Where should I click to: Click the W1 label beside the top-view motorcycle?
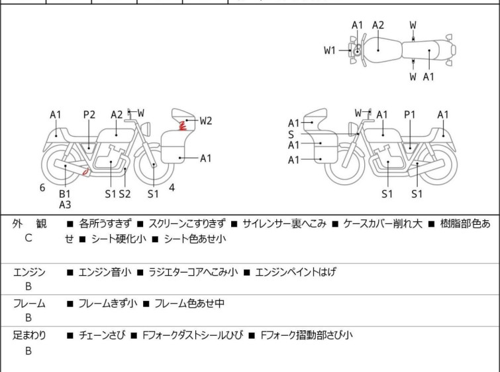[330, 50]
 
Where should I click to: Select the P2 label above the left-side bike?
[89, 115]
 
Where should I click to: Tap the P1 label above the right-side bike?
[410, 115]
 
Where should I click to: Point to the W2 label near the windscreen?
[205, 121]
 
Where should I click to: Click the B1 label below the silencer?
[65, 194]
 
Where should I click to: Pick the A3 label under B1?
[65, 205]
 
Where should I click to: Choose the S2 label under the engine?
[125, 194]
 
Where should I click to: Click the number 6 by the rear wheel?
[42, 188]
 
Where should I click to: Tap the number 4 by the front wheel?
[172, 188]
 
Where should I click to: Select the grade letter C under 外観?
[28, 237]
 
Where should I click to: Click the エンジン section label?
[29, 272]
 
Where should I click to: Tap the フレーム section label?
[29, 304]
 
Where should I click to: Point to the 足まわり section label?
[29, 336]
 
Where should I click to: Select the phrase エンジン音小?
[105, 272]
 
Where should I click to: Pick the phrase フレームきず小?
[108, 304]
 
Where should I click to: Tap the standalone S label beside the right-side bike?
[291, 134]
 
